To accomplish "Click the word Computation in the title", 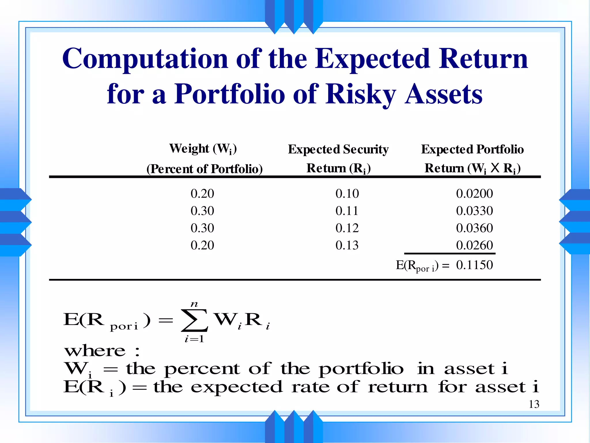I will [145, 59].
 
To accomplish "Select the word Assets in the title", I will [444, 94].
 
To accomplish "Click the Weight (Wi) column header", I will [203, 149].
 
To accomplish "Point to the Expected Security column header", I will [338, 149].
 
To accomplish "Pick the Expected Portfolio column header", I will [472, 149].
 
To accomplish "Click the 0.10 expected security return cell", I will [347, 194].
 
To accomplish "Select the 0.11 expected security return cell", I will [347, 211].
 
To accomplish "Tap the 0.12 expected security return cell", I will [347, 228].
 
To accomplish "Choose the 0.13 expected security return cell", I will [347, 245].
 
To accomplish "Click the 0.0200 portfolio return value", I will [474, 194].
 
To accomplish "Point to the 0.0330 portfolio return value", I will [474, 211].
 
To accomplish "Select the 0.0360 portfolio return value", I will [474, 228].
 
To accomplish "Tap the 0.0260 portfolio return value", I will [474, 245].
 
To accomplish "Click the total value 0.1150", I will [474, 265].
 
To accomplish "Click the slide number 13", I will [534, 404].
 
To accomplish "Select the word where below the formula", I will [95, 351].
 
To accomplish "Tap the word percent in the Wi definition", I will [202, 369].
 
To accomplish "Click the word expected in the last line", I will [237, 387].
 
